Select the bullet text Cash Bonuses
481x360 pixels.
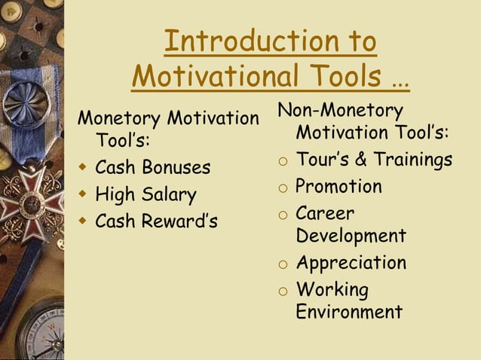(153, 167)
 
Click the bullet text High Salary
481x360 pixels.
(146, 194)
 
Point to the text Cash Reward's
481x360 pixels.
(156, 221)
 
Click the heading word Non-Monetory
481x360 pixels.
(340, 111)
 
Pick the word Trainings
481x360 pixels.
(410, 160)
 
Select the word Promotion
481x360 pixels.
(339, 187)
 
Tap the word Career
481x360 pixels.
(325, 213)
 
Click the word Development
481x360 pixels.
(351, 236)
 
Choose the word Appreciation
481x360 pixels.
(351, 264)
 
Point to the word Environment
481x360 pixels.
(349, 312)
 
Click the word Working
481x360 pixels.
(332, 290)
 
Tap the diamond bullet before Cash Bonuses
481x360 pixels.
(82, 167)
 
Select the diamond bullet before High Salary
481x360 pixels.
(82, 194)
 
